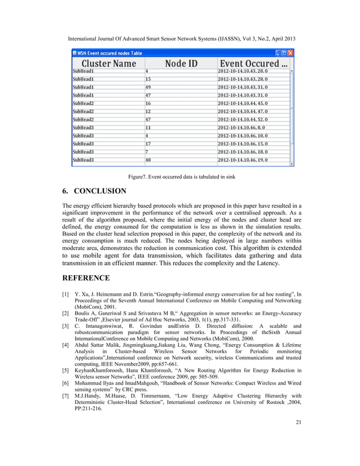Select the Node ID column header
click(x=181, y=64)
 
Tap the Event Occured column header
click(x=253, y=64)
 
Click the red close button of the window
click(x=291, y=52)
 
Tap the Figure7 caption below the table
click(x=180, y=177)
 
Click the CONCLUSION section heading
click(x=99, y=191)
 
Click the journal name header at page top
click(x=180, y=40)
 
